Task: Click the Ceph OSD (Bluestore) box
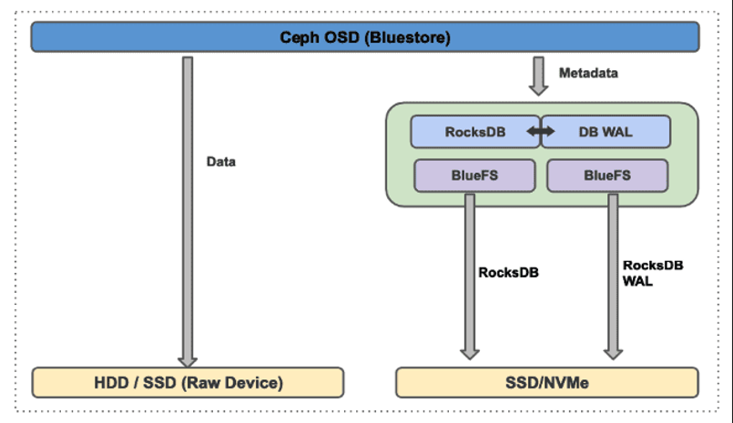365,37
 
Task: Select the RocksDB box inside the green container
475,132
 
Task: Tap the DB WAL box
607,132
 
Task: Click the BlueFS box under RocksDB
474,176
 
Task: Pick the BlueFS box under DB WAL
607,176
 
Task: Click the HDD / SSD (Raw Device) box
188,383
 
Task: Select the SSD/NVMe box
546,383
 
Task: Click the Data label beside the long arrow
220,162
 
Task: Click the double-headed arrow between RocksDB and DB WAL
541,132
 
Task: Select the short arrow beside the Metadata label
539,76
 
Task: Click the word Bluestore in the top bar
410,37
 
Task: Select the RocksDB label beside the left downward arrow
508,271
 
